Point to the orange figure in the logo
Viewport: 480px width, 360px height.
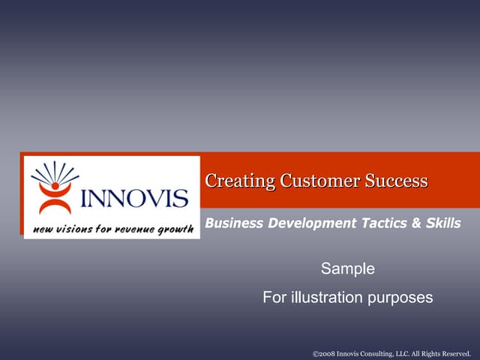pyautogui.click(x=54, y=199)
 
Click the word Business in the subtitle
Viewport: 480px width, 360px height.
pyautogui.click(x=235, y=223)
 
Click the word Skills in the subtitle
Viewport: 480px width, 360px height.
pyautogui.click(x=442, y=223)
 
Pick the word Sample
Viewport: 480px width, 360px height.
pyautogui.click(x=347, y=268)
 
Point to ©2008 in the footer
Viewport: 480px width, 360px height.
pyautogui.click(x=323, y=352)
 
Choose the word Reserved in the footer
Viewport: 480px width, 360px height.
pyautogui.click(x=454, y=352)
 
